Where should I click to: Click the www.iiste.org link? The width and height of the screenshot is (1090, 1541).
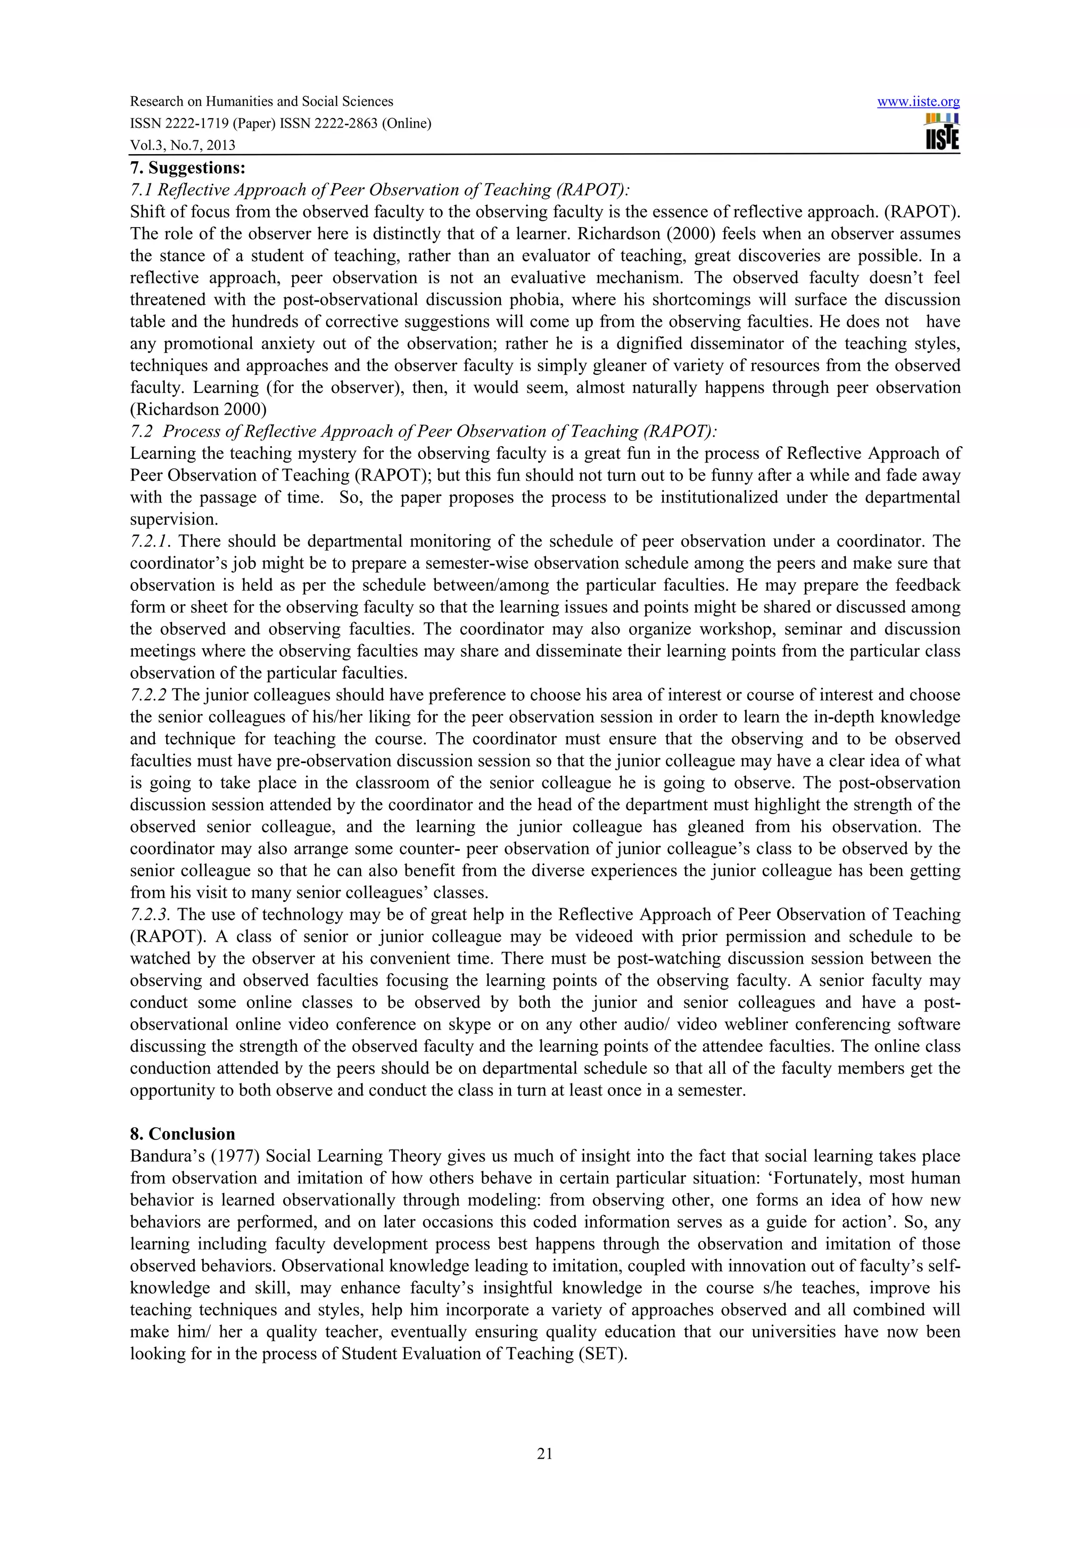coord(918,102)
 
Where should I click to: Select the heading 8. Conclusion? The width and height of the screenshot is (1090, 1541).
coord(183,1134)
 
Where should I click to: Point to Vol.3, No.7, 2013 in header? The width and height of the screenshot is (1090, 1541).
coord(183,145)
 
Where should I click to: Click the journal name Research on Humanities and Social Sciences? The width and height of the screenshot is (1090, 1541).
coord(261,102)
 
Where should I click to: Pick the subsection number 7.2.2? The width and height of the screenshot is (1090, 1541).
coord(149,694)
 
